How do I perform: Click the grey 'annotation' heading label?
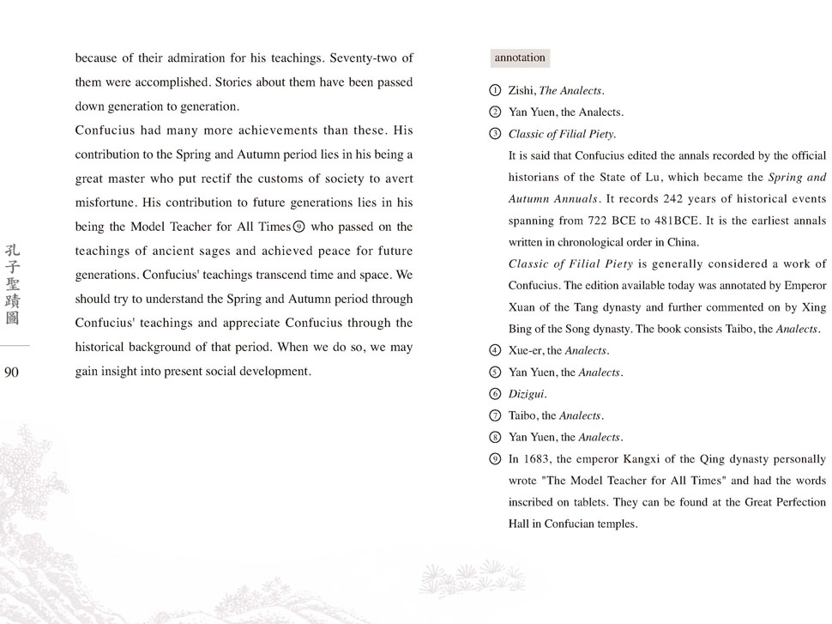[x=520, y=58]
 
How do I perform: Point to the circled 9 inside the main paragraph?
[x=298, y=227]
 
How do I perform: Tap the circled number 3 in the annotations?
[x=494, y=134]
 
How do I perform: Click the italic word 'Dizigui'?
[x=527, y=394]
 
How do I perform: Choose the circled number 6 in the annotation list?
[x=494, y=394]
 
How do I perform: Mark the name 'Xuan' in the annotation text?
[x=522, y=307]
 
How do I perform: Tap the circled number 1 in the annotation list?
[x=494, y=90]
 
